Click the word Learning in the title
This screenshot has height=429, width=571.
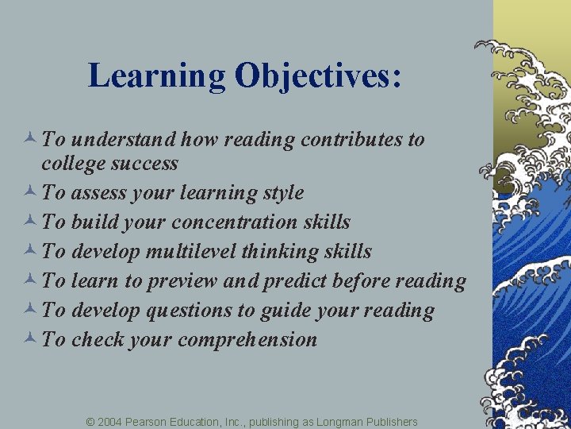tap(157, 77)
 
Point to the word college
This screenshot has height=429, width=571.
tap(72, 164)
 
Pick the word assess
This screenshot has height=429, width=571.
tap(98, 193)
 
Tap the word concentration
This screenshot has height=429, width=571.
tap(231, 222)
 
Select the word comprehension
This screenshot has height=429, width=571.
tap(247, 340)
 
